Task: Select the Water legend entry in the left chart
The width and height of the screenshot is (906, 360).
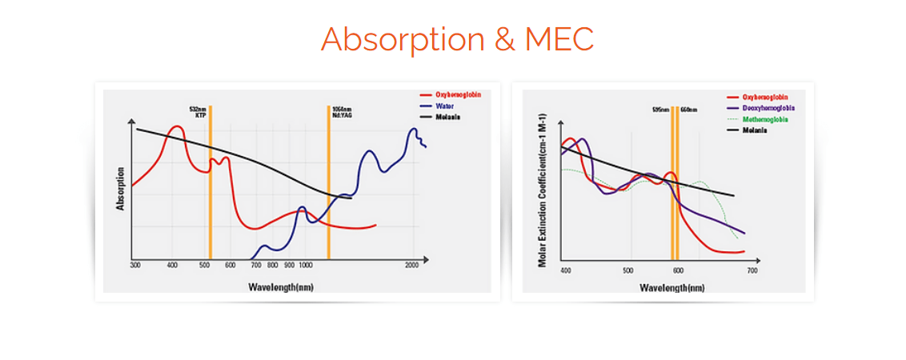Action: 446,106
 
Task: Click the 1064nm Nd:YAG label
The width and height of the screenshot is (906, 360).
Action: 341,112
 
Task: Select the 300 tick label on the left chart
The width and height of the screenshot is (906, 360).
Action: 135,265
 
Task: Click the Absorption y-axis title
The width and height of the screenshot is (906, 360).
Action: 121,188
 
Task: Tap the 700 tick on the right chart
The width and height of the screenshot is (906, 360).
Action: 752,271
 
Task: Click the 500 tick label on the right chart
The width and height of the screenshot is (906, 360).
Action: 628,271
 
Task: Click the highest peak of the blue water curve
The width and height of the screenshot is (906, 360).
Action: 414,129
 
